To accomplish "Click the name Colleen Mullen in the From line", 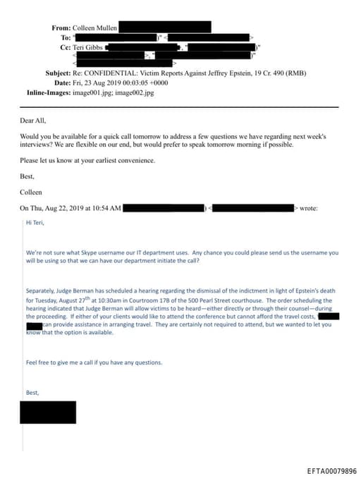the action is coord(94,27).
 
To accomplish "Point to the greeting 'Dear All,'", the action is coord(34,121).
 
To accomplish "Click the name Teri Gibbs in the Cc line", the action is coord(88,46).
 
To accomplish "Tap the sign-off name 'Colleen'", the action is coord(31,191).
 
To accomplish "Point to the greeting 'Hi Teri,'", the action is coord(35,222).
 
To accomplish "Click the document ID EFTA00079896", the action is coord(331,470).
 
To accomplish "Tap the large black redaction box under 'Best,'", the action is coord(47,412).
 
